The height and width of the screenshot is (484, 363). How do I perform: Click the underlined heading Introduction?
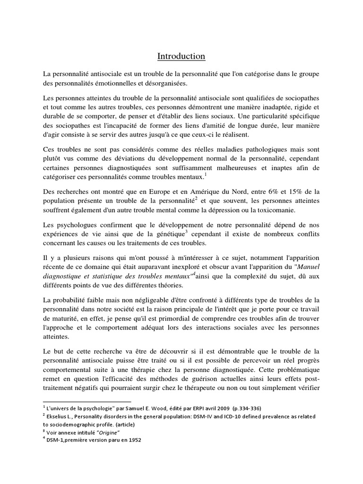pos(181,56)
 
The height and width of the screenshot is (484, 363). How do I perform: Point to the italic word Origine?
pos(107,432)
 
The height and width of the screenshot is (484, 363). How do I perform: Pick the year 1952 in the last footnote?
pos(133,440)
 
